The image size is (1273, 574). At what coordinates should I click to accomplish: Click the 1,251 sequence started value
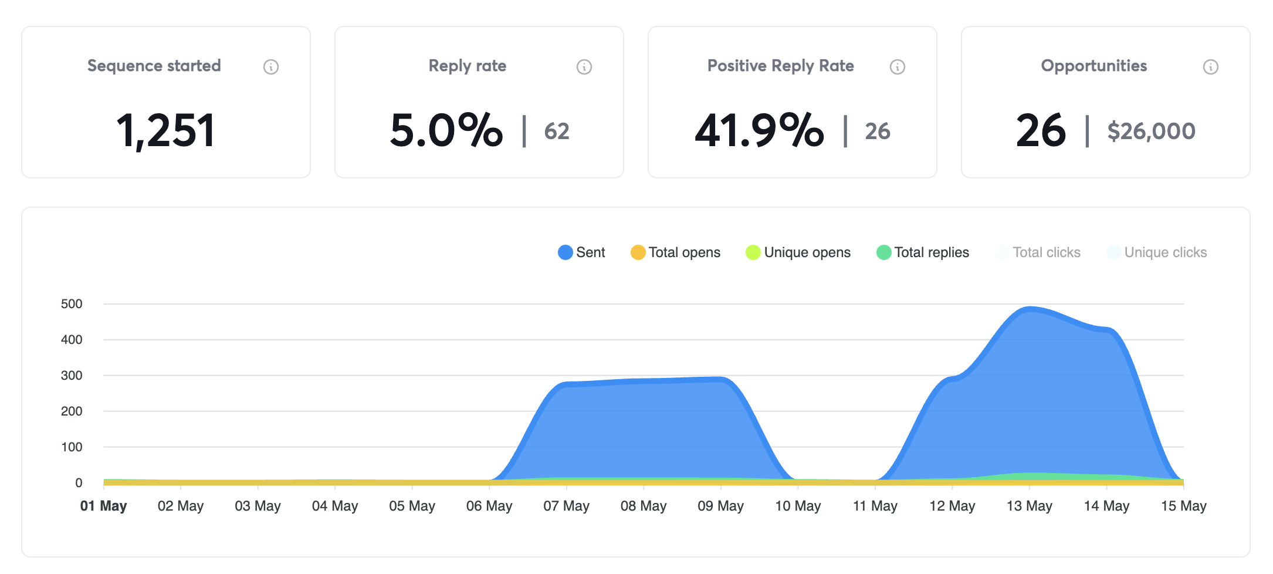(x=166, y=130)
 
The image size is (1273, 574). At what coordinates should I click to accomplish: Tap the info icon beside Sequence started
(x=270, y=67)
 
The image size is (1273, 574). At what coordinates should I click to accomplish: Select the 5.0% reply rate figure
(x=446, y=130)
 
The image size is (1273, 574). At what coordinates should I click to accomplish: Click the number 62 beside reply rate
(x=557, y=131)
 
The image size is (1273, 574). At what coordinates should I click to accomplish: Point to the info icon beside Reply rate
(x=584, y=67)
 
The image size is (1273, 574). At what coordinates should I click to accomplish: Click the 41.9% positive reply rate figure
(x=759, y=130)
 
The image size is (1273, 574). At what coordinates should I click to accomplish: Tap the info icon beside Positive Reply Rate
(x=897, y=67)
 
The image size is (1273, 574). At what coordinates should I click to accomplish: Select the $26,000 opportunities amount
(x=1151, y=131)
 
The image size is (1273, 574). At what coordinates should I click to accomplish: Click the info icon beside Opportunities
(x=1210, y=67)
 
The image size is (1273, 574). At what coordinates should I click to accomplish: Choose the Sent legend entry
(x=581, y=252)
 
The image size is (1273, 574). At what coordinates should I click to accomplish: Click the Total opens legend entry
(x=675, y=252)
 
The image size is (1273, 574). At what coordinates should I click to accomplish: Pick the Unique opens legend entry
(x=798, y=252)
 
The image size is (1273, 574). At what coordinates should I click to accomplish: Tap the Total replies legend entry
(x=923, y=252)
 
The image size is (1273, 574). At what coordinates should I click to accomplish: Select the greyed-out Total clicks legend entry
(x=1038, y=252)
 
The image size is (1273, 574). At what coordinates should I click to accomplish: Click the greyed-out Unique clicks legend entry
(x=1157, y=252)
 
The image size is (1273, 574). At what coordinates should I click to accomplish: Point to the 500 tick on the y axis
(x=72, y=304)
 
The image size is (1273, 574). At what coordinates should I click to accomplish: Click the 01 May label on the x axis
(x=104, y=506)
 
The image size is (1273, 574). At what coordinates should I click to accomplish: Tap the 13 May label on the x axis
(x=1030, y=506)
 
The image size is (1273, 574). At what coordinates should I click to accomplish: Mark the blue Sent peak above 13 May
(x=1030, y=309)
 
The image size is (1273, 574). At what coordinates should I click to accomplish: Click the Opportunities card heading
(x=1093, y=66)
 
